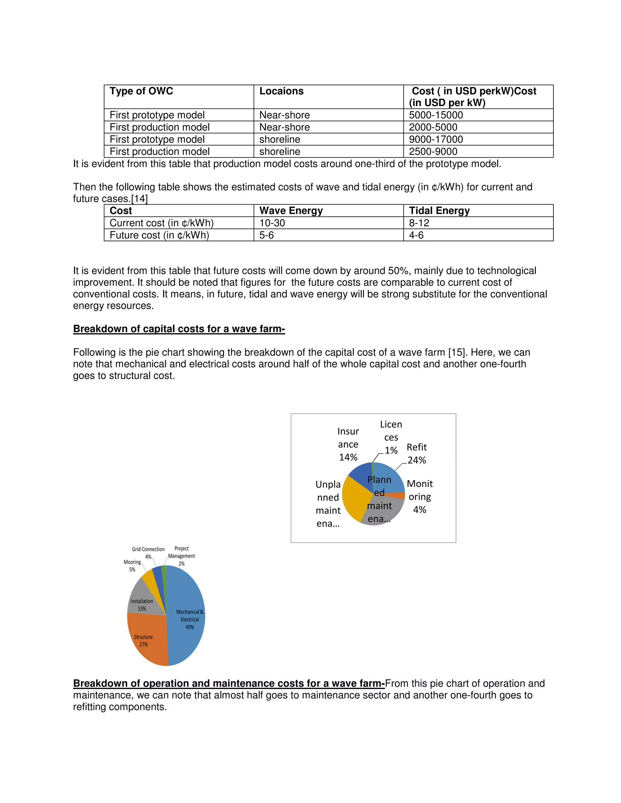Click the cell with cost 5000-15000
436,115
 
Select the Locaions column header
281,91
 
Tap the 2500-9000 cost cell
433,152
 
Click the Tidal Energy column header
439,211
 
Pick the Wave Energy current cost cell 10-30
272,223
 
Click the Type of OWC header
141,91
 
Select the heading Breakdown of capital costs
179,329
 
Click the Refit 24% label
416,453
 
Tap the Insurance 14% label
348,444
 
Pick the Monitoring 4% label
419,496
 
